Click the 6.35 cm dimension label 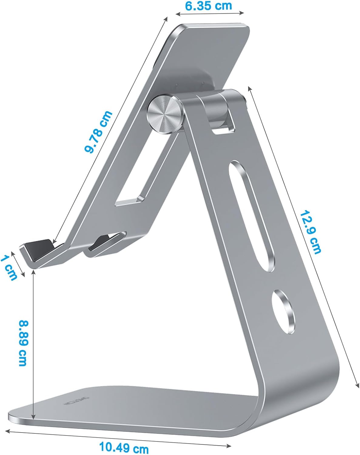(208, 6)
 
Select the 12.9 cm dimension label (310, 231)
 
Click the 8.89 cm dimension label (23, 343)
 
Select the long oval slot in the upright (252, 215)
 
